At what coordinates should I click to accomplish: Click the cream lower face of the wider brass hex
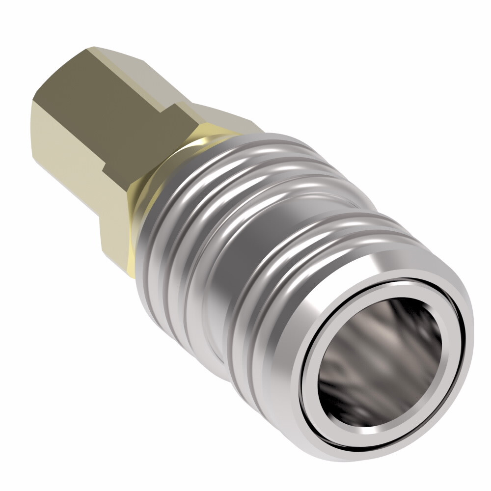click(115, 236)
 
